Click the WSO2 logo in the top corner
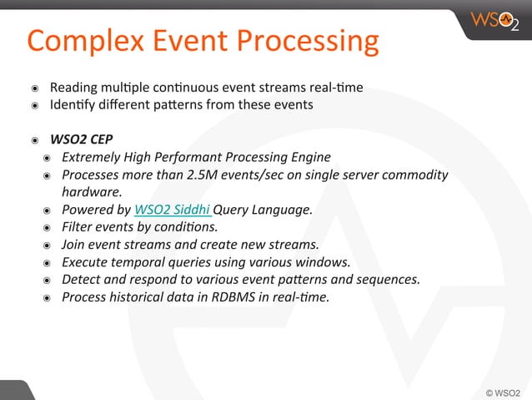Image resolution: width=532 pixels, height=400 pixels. pyautogui.click(x=495, y=20)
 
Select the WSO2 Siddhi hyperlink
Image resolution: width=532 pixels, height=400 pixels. pyautogui.click(x=173, y=210)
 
